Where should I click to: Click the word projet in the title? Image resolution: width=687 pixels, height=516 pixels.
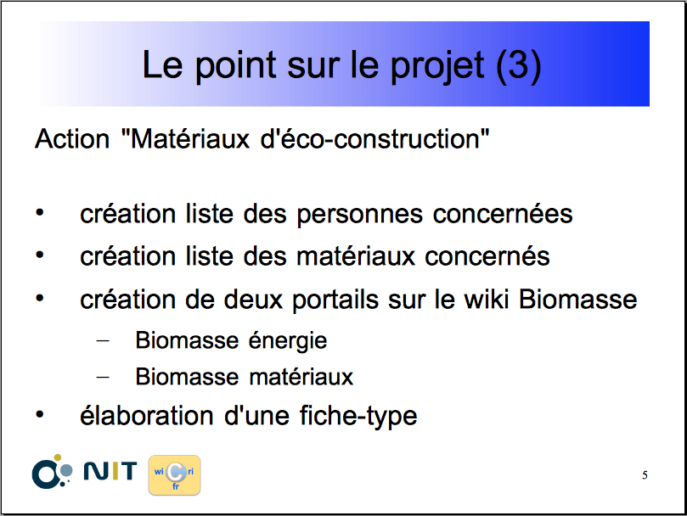pyautogui.click(x=436, y=66)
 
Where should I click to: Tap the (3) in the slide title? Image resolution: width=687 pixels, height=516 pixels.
pyautogui.click(x=519, y=65)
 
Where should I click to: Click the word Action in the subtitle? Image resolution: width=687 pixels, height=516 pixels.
pyautogui.click(x=72, y=139)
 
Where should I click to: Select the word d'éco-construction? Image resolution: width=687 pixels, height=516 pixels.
pyautogui.click(x=374, y=139)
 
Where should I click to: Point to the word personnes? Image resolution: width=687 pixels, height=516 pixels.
pyautogui.click(x=360, y=216)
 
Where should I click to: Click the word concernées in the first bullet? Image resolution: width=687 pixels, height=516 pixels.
pyautogui.click(x=503, y=214)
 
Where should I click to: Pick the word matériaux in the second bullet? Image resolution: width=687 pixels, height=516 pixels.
pyautogui.click(x=356, y=256)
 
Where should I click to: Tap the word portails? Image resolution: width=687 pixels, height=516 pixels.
pyautogui.click(x=335, y=301)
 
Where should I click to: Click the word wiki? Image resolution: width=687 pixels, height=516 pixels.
pyautogui.click(x=487, y=300)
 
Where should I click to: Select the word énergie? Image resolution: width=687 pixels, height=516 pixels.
pyautogui.click(x=288, y=341)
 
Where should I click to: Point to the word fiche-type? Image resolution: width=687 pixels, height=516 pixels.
pyautogui.click(x=358, y=416)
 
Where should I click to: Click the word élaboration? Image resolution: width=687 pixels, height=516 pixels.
pyautogui.click(x=147, y=415)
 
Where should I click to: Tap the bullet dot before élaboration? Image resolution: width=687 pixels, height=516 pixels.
pyautogui.click(x=40, y=414)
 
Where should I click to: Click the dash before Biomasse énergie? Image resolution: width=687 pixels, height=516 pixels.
pyautogui.click(x=103, y=340)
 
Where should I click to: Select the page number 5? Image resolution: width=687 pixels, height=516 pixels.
pyautogui.click(x=645, y=475)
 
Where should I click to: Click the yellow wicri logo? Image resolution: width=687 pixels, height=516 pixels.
pyautogui.click(x=174, y=475)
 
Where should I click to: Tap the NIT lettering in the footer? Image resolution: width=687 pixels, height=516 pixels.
pyautogui.click(x=110, y=471)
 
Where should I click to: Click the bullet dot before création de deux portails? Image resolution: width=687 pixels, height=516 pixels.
pyautogui.click(x=40, y=299)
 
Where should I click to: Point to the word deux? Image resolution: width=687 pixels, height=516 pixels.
pyautogui.click(x=253, y=300)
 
